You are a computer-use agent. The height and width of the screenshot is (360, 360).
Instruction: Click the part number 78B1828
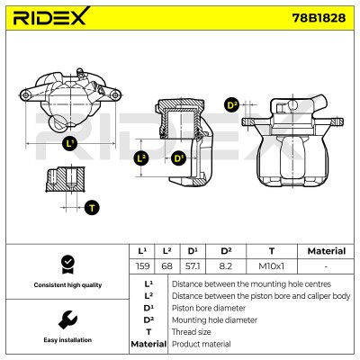319,18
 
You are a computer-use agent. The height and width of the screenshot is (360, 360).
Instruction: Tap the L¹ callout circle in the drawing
70,144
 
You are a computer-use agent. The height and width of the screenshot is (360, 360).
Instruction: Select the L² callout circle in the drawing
141,158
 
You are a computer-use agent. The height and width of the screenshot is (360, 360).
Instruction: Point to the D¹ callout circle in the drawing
179,158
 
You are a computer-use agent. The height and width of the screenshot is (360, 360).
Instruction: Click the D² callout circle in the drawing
231,105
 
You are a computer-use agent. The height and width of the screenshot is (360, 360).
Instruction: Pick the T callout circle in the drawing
92,208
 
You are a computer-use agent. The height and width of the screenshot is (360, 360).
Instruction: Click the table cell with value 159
142,266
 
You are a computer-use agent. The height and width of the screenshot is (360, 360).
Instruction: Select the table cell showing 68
167,266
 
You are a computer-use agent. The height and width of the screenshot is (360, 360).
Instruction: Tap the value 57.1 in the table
193,266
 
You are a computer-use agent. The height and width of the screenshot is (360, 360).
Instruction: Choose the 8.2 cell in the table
226,266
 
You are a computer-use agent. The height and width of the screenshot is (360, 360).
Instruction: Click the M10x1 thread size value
272,266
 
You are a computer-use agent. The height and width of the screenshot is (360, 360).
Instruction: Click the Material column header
327,251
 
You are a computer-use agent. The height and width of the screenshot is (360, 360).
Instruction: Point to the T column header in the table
272,251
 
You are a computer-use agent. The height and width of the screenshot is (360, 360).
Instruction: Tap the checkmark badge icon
67,265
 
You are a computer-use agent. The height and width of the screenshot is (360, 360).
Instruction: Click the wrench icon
67,320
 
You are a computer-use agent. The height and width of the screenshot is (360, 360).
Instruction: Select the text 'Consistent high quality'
67,285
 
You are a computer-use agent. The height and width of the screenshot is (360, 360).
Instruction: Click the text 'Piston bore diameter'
209,308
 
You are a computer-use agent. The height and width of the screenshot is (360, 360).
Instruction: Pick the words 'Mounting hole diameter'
214,320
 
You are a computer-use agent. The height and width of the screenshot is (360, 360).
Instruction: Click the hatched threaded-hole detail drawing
66,179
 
